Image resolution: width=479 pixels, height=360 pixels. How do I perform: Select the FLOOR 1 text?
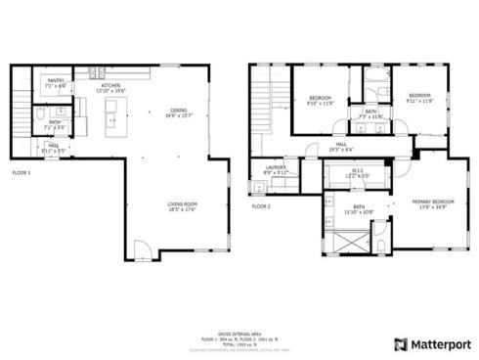[x=22, y=172]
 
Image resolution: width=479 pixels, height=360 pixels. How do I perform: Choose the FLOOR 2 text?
[x=261, y=206]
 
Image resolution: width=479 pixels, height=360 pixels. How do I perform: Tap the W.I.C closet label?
[x=358, y=172]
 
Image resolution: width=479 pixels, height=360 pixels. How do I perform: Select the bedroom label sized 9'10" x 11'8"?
[x=321, y=99]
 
